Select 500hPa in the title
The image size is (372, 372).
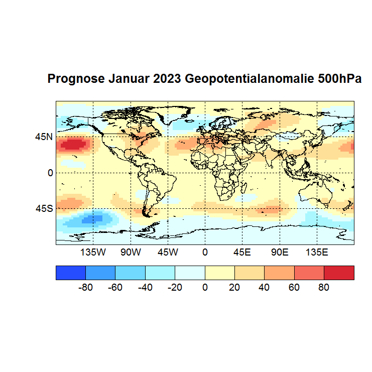tap(340, 79)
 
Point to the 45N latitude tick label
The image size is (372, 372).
tap(43, 136)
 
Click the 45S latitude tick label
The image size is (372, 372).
tap(43, 208)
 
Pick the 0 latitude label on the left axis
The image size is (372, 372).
tap(50, 173)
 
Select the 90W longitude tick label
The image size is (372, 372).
tap(131, 252)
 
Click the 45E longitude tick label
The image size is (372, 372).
tap(242, 252)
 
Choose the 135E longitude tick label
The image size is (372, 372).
tap(317, 252)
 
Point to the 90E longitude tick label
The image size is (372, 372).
tap(279, 252)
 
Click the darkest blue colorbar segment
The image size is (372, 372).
tap(71, 273)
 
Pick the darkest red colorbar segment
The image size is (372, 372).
tap(339, 273)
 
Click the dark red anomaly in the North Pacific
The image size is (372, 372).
tap(73, 145)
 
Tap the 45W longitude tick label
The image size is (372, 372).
tap(168, 252)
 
